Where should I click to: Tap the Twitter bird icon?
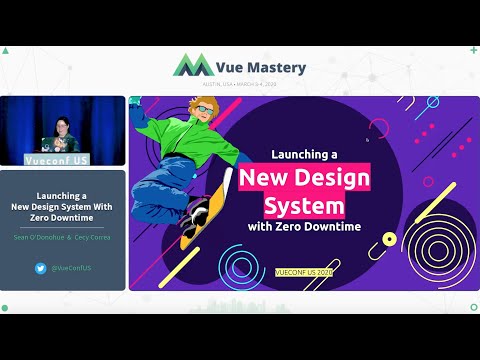[41, 268]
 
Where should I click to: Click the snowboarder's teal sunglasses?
[203, 108]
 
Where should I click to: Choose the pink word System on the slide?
[304, 207]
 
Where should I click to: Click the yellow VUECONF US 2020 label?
[304, 271]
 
